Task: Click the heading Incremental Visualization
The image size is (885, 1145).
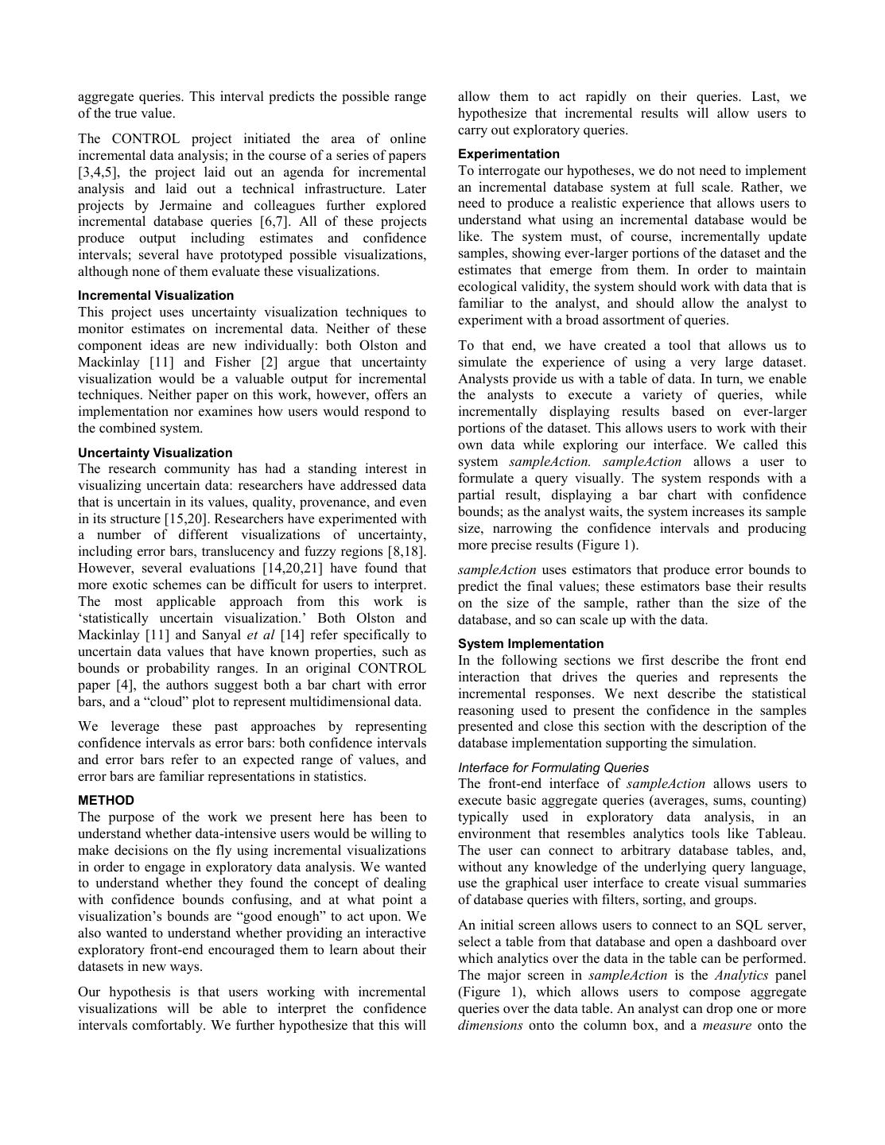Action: pyautogui.click(x=156, y=296)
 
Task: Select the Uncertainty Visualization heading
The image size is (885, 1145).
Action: pyautogui.click(x=155, y=452)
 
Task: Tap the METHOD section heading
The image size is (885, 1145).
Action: pyautogui.click(x=106, y=801)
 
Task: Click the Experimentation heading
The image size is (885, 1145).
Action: pyautogui.click(x=509, y=154)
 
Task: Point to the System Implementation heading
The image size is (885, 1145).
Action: pyautogui.click(x=530, y=644)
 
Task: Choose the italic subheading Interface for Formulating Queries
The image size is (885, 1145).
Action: pyautogui.click(x=553, y=768)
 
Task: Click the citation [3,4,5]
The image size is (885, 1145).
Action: pyautogui.click(x=99, y=173)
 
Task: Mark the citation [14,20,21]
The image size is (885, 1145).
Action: pyautogui.click(x=302, y=569)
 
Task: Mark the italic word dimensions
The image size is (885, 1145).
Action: pyautogui.click(x=490, y=1026)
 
